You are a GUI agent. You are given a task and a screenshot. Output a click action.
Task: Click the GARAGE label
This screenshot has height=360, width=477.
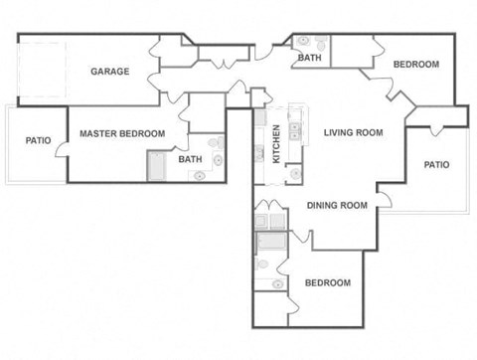[110, 72]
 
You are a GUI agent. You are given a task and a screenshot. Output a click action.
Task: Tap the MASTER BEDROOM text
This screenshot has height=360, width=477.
[120, 133]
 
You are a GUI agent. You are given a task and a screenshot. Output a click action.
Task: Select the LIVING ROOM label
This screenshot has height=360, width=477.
[353, 132]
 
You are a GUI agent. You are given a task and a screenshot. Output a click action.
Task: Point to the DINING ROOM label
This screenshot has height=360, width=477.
[337, 205]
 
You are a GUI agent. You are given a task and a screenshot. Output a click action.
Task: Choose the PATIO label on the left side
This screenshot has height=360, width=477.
[38, 140]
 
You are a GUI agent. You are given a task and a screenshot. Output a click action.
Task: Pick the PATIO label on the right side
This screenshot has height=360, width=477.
[436, 164]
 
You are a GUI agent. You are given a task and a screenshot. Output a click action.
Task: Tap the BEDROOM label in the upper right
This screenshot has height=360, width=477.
[415, 65]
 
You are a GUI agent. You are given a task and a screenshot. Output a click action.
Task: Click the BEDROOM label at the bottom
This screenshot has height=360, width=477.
[327, 282]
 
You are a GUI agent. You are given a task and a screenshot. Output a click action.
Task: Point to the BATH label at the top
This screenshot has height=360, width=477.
[308, 58]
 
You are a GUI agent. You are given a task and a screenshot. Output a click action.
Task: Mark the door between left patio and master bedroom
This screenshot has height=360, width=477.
[62, 146]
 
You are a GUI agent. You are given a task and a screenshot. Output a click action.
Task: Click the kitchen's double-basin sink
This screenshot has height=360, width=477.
[295, 129]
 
